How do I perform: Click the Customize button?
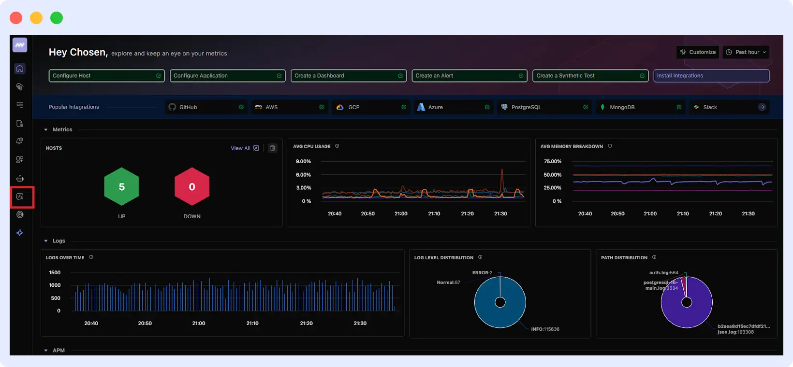697,52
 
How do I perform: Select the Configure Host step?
106,76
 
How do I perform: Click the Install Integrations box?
711,76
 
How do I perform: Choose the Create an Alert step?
469,76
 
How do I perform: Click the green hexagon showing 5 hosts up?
122,187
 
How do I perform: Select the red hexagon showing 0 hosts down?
192,187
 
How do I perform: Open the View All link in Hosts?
244,148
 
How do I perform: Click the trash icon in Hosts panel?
273,148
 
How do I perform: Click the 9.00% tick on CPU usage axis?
303,161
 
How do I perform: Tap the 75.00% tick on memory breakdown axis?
552,161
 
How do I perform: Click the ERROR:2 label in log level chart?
482,273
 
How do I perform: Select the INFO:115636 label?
545,329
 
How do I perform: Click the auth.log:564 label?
663,273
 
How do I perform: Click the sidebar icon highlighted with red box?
20,197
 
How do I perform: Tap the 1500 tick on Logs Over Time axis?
55,273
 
